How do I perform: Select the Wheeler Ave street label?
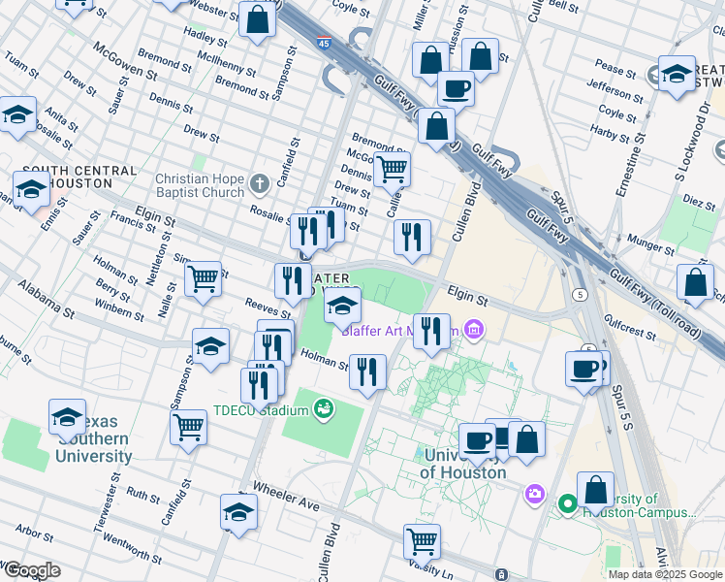286,495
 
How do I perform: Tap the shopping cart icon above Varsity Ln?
422,539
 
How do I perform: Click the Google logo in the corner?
31,570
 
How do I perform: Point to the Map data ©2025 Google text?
665,573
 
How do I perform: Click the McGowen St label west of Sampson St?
126,60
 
